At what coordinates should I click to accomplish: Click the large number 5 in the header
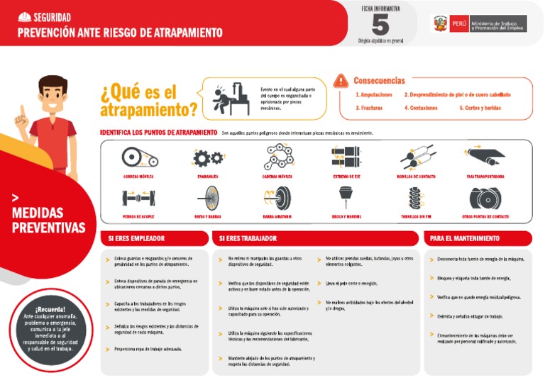(x=380, y=25)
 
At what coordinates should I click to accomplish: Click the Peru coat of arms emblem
(x=439, y=24)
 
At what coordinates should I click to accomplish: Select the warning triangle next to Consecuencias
(x=342, y=80)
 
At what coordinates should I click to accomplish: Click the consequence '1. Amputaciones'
(x=373, y=94)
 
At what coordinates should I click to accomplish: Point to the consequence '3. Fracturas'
(x=369, y=108)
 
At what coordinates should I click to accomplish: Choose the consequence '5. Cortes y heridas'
(x=481, y=108)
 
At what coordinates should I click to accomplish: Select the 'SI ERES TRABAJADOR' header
(x=248, y=238)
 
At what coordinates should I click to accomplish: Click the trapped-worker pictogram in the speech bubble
(x=228, y=97)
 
